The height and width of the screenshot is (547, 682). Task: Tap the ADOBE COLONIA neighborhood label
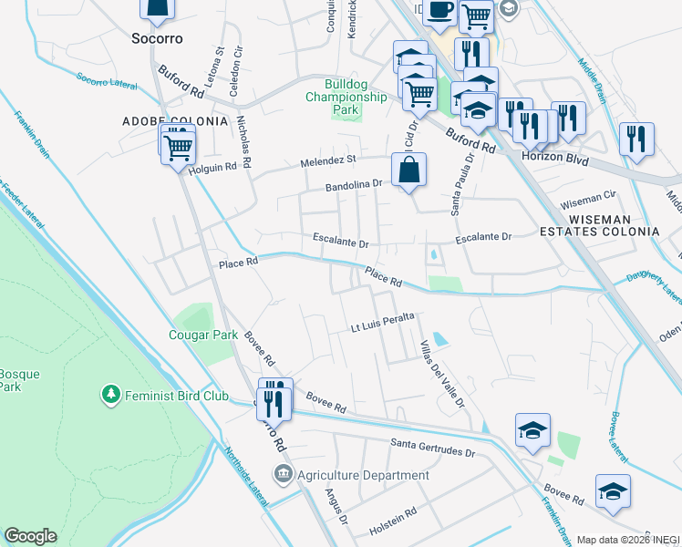(x=175, y=120)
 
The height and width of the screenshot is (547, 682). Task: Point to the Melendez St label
(x=328, y=161)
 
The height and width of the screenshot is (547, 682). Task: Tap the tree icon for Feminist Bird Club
(x=110, y=394)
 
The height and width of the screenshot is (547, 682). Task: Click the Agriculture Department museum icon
(x=284, y=475)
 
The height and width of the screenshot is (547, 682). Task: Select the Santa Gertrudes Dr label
(x=433, y=451)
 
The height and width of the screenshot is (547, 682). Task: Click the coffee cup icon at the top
(x=439, y=9)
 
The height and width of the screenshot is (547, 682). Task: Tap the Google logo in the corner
(x=31, y=536)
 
